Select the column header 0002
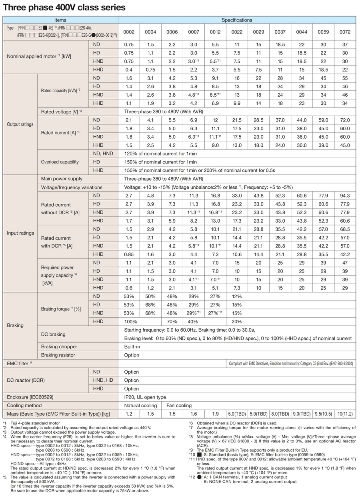(129, 32)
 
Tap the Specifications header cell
(237, 20)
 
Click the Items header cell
(60, 20)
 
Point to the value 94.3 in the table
(345, 195)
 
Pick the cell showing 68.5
(345, 229)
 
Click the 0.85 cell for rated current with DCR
(129, 254)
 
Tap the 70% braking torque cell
(172, 321)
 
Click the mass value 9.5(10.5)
(323, 414)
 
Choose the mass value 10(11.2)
(345, 414)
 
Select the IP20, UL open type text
(145, 397)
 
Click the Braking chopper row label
(59, 347)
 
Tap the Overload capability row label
(60, 162)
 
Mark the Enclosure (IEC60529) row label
(30, 397)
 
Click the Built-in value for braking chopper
(132, 347)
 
